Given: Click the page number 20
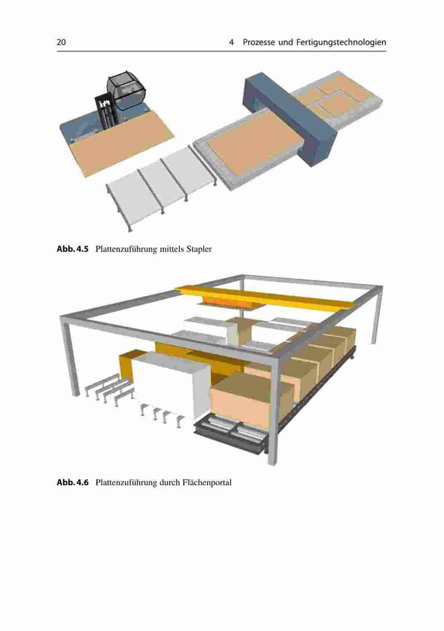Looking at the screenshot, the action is pyautogui.click(x=61, y=42).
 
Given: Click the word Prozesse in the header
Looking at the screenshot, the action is pyautogui.click(x=259, y=42).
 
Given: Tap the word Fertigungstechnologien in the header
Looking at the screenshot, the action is pyautogui.click(x=341, y=43).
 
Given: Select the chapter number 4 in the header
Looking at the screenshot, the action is pyautogui.click(x=231, y=42).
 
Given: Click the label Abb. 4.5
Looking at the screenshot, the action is pyautogui.click(x=73, y=249).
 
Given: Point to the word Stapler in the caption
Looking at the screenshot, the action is pyautogui.click(x=199, y=249).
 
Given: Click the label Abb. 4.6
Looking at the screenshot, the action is pyautogui.click(x=73, y=482).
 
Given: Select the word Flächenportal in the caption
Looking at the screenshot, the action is pyautogui.click(x=207, y=483).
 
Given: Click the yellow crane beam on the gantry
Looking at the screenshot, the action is pyautogui.click(x=265, y=297).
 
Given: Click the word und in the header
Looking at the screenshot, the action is pyautogui.click(x=286, y=42).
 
